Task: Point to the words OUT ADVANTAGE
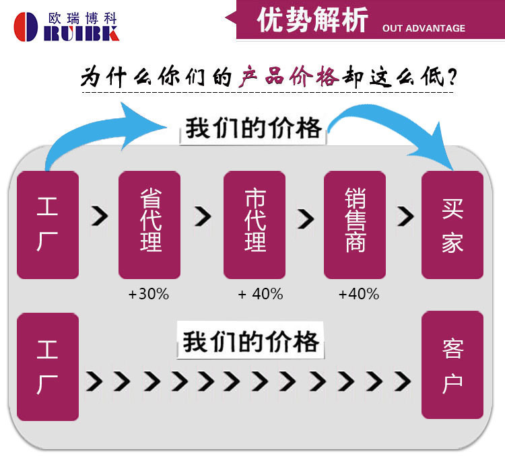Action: (424, 28)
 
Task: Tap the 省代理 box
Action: (149, 225)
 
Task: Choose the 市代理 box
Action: (255, 225)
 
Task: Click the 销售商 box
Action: (354, 225)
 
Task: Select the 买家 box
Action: (452, 225)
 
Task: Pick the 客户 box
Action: (452, 365)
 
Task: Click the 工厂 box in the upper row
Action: (47, 225)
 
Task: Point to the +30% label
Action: (148, 295)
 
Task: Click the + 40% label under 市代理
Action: (260, 295)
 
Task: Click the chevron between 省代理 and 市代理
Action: (202, 217)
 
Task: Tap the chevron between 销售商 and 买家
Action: (405, 217)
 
